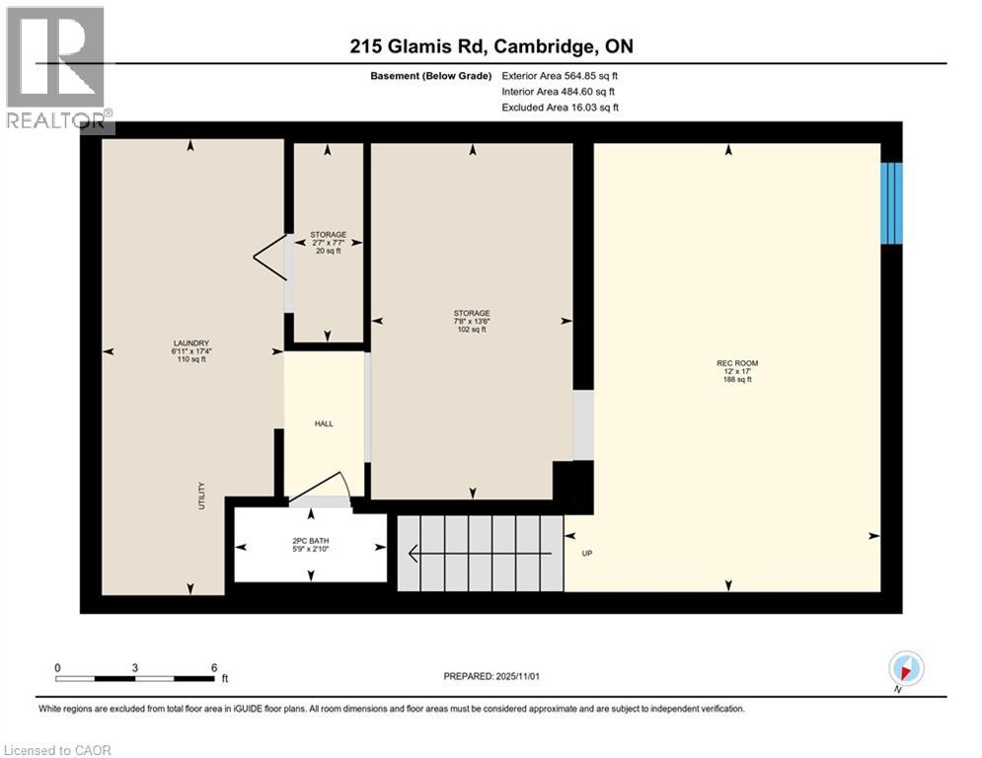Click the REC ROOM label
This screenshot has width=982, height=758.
coord(736,371)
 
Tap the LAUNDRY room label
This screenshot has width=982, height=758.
coord(190,351)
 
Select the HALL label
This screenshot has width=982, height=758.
coord(324,423)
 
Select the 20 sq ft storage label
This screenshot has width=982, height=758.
coord(328,243)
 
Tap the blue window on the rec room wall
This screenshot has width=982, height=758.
coord(891,202)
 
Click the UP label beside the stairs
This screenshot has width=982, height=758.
coord(586,554)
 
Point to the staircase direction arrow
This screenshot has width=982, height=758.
coord(474,554)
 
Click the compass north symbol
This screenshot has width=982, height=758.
coord(906,668)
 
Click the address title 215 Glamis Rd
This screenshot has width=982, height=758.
coord(491,47)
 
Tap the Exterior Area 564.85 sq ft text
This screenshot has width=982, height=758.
coord(560,75)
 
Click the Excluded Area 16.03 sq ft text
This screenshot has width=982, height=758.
coord(560,108)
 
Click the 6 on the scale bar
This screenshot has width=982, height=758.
coord(213,667)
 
